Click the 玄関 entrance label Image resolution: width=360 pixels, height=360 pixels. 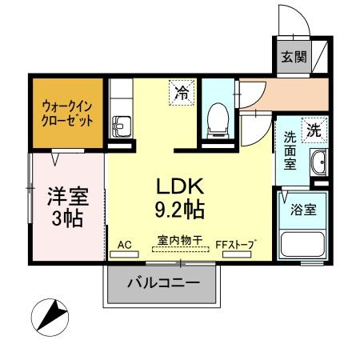[294, 57]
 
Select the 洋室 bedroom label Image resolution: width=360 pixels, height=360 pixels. [67, 196]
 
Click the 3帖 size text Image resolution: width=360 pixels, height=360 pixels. [67, 218]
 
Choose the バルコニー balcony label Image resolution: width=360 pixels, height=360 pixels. [162, 283]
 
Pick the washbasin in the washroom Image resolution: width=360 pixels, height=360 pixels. [318, 162]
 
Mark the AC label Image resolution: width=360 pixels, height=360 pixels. [124, 243]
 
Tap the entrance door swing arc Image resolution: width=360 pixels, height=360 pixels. [293, 20]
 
